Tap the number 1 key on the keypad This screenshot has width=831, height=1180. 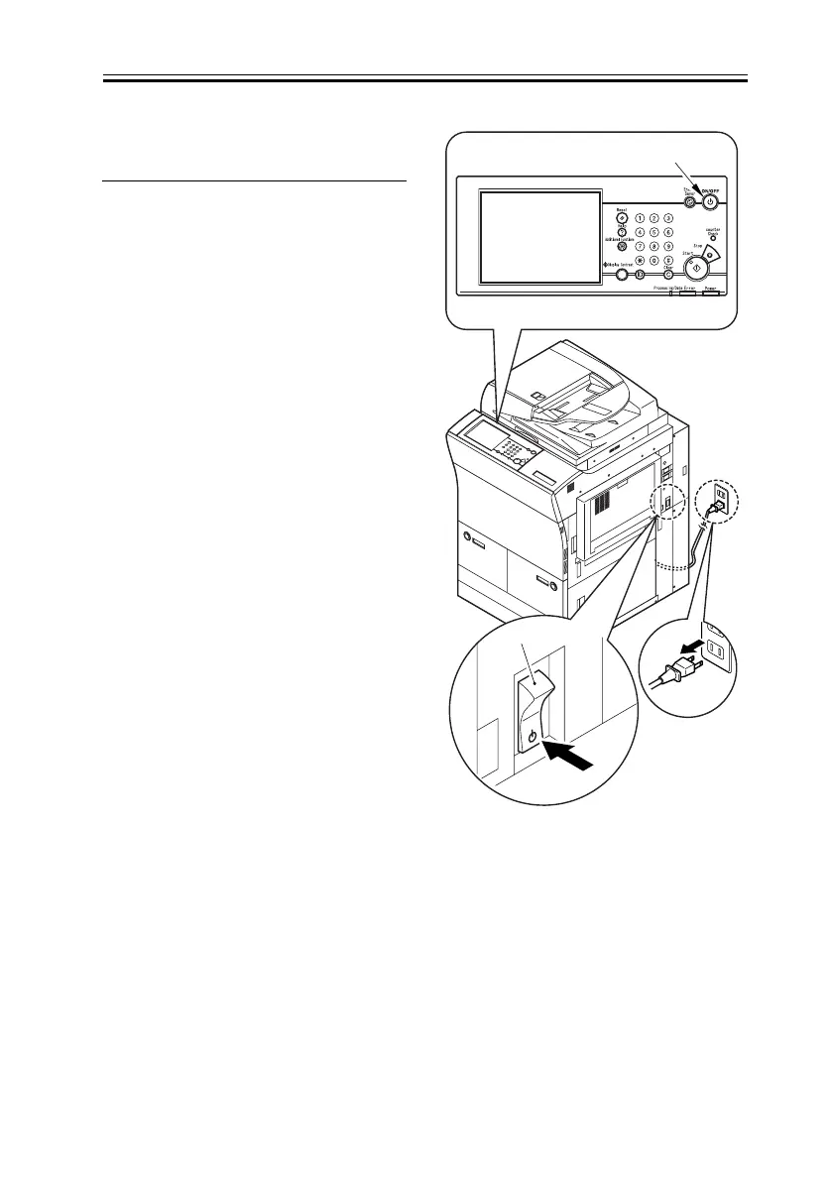[640, 218]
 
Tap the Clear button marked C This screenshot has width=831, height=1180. [668, 275]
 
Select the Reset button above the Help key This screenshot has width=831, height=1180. [621, 218]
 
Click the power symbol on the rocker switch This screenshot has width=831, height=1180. [533, 737]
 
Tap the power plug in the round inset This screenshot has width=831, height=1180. [676, 668]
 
